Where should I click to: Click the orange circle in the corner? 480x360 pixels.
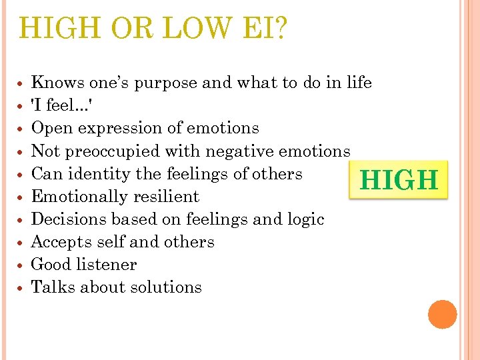coord(443,314)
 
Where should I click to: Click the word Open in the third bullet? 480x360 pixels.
coord(52,128)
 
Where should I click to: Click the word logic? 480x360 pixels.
coord(304,219)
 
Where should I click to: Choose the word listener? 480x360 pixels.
coord(106,265)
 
